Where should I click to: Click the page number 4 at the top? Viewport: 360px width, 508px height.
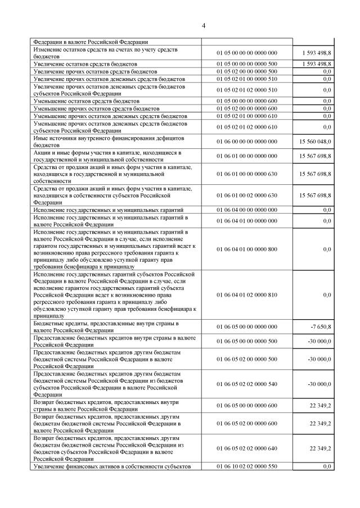coord(204,25)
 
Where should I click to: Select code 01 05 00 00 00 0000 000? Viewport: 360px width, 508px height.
coord(247,53)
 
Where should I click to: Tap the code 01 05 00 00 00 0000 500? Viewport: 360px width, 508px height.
coord(247,65)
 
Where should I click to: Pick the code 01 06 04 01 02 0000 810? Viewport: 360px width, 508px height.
coord(247,294)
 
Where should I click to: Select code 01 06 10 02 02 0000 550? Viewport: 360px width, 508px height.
coord(247,466)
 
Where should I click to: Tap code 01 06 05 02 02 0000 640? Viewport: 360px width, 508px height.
coord(247,448)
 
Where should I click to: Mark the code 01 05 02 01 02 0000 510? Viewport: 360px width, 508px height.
coord(247,89)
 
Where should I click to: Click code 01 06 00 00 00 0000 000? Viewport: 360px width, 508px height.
coord(247,141)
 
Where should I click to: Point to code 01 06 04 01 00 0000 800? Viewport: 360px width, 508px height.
coord(247,249)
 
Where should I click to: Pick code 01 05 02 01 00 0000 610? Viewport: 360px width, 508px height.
coord(247,115)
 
